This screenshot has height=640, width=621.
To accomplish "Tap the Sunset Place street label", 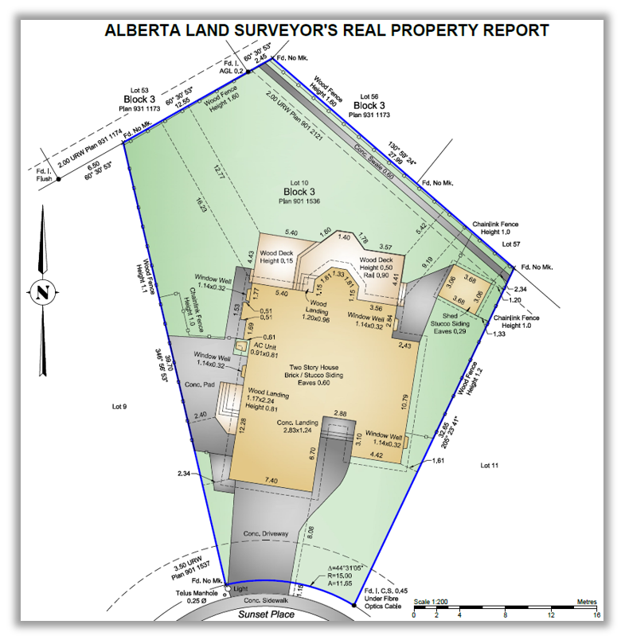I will [x=268, y=614].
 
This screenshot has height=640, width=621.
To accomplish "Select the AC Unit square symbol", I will [x=240, y=347].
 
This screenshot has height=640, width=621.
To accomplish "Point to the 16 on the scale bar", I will [x=596, y=615].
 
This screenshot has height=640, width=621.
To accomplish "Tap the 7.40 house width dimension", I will [x=270, y=480].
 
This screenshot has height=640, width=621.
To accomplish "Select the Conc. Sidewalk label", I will [x=264, y=600].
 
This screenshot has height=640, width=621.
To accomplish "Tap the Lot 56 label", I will [x=371, y=96].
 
